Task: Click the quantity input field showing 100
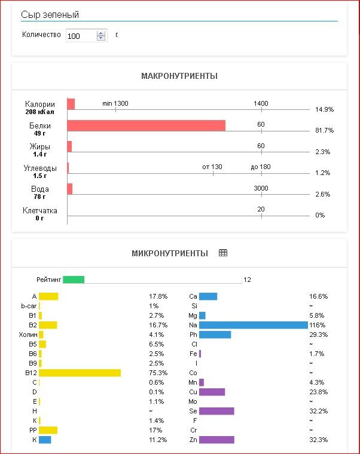(81, 36)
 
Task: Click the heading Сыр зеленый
(50, 15)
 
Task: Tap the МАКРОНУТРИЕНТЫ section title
(179, 76)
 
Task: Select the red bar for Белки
(146, 125)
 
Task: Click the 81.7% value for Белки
(324, 130)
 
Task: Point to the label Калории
(40, 105)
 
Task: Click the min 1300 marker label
(115, 103)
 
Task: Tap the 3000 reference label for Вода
(261, 188)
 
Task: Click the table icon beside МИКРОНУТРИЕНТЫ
(223, 253)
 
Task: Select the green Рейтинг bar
(74, 280)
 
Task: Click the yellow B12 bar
(80, 373)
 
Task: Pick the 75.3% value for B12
(158, 373)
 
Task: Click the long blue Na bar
(253, 325)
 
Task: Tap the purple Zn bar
(216, 440)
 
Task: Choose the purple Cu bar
(212, 392)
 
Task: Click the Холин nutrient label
(28, 335)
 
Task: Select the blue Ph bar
(215, 335)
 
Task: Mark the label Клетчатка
(40, 210)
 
